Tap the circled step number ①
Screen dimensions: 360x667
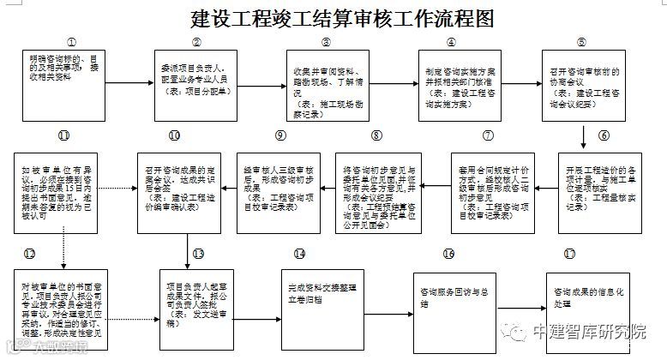71,41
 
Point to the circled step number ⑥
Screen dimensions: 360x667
604,135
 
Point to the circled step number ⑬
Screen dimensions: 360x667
197,254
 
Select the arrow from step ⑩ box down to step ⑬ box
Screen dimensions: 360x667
186,249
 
